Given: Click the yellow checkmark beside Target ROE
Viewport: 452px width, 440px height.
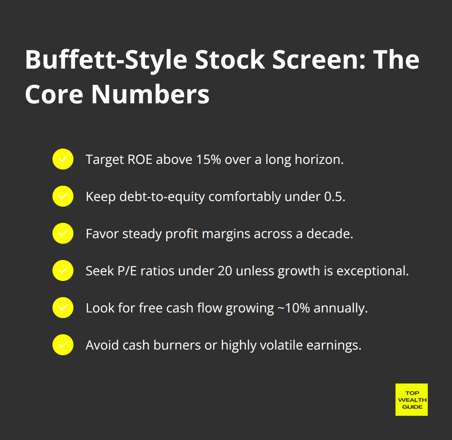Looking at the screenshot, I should pyautogui.click(x=63, y=159).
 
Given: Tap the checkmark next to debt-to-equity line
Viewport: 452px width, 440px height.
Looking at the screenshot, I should pyautogui.click(x=63, y=196).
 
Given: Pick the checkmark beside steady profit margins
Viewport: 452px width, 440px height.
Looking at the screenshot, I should pyautogui.click(x=63, y=233).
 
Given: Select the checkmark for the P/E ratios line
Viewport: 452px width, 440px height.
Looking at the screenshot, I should pyautogui.click(x=63, y=270).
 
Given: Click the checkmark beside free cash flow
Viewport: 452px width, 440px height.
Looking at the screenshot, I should pyautogui.click(x=63, y=308).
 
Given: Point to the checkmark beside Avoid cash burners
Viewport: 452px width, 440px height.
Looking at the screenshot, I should pyautogui.click(x=63, y=345).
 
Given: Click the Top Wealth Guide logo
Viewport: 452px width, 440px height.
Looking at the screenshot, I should pyautogui.click(x=411, y=399).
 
